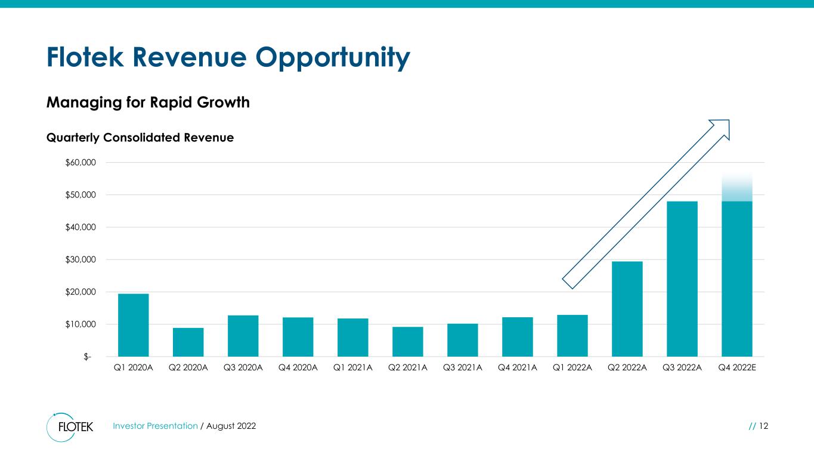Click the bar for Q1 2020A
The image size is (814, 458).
(134, 325)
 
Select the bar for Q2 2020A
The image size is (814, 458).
(188, 342)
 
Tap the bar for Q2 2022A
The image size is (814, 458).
(627, 309)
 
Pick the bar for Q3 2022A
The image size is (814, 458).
(682, 279)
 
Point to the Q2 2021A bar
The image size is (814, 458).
(408, 342)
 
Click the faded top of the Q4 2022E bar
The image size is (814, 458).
(737, 187)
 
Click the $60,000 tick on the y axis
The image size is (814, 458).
(81, 162)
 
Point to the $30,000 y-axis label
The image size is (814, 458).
(81, 259)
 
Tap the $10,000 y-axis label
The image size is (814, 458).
(81, 324)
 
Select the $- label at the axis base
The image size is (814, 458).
(87, 357)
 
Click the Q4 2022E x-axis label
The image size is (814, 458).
(737, 367)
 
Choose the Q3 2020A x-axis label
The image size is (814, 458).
(243, 367)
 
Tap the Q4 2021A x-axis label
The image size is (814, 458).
(518, 367)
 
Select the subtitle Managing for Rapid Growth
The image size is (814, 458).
(148, 103)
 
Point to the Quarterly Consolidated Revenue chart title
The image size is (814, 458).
(140, 138)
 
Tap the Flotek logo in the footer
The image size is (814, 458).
(70, 427)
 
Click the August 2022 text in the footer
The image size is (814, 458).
(231, 426)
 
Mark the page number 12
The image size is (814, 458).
(763, 426)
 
